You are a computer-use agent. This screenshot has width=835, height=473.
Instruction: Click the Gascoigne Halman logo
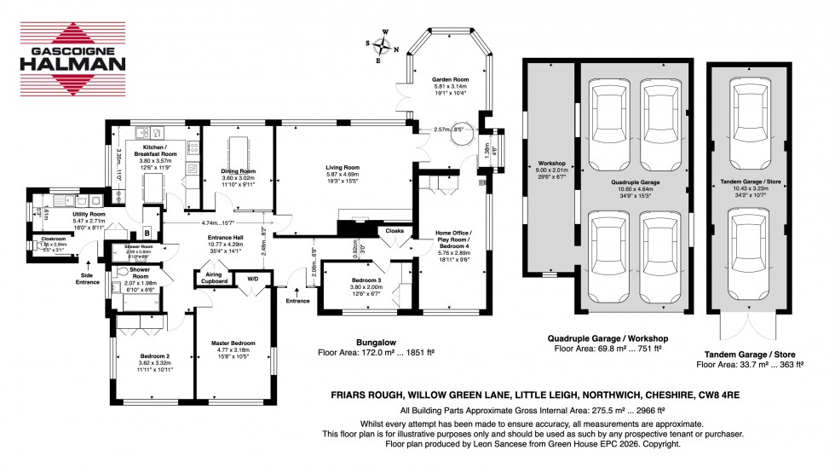[x=73, y=54]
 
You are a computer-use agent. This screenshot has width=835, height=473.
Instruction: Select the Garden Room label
[x=450, y=75]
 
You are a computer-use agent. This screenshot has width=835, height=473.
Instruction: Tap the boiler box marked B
[x=147, y=232]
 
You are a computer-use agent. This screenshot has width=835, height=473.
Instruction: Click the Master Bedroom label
[x=233, y=343]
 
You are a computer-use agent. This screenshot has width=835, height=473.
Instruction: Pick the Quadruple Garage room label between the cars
[x=635, y=181]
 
